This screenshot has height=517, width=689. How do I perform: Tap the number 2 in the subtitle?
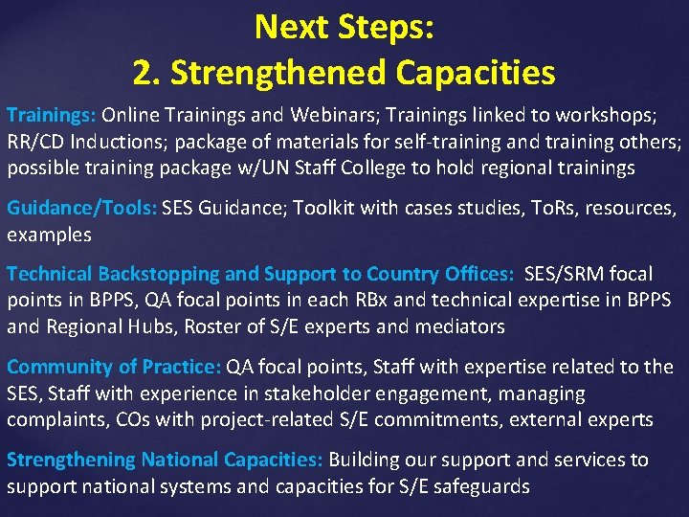coord(144,72)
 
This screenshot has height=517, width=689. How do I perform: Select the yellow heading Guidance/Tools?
coord(82,208)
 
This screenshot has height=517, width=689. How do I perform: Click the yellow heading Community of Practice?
coord(114,367)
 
